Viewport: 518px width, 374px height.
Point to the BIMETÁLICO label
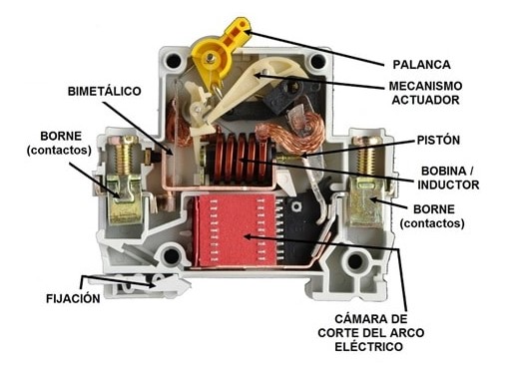pos(103,91)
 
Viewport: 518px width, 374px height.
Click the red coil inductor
pos(237,162)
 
